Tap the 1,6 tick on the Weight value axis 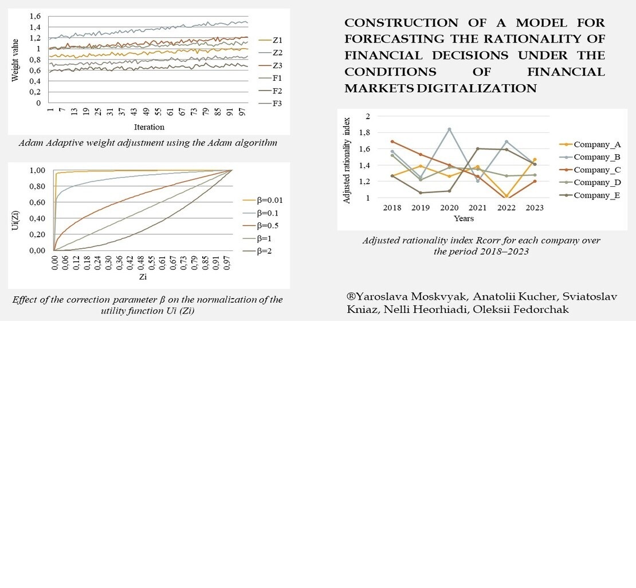click(35, 17)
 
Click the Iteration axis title click(149, 127)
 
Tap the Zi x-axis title click(143, 277)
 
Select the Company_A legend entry click(596, 144)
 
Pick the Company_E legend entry click(596, 195)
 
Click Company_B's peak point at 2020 click(450, 129)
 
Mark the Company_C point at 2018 click(392, 141)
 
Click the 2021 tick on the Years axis click(478, 208)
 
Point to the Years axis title click(464, 218)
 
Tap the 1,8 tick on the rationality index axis click(365, 132)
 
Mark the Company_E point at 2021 click(478, 148)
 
